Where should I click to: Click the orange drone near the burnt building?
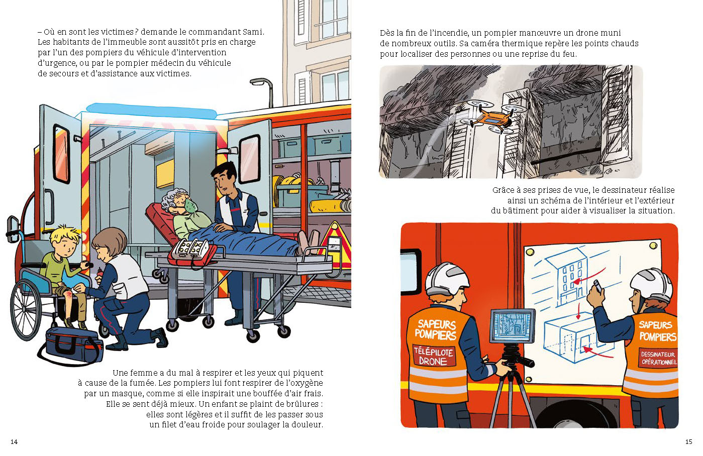(x=490, y=118)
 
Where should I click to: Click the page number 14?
(x=14, y=442)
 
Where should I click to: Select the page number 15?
(x=688, y=442)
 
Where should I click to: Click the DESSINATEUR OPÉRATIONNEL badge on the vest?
(x=659, y=358)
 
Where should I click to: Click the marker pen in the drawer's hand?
(x=597, y=287)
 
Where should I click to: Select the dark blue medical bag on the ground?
(x=73, y=345)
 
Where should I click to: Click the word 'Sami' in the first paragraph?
(x=253, y=32)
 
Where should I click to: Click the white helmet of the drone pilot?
(x=447, y=278)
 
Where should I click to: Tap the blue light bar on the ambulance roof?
(x=151, y=111)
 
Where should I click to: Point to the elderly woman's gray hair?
(x=171, y=199)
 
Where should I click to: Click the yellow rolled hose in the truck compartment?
(x=330, y=206)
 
